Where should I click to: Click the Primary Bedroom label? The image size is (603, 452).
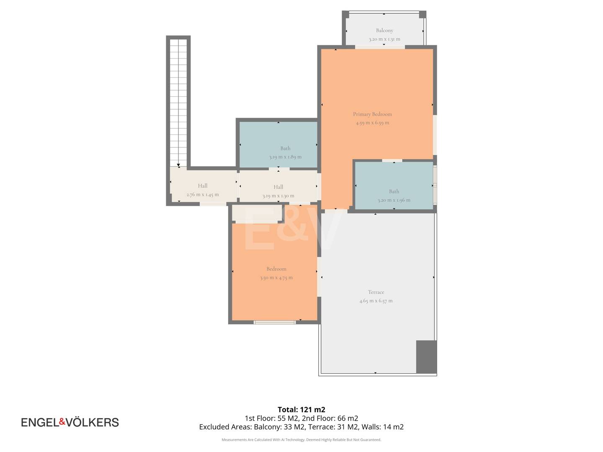372,114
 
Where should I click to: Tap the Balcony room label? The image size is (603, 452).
384,30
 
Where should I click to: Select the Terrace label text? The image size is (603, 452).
376,292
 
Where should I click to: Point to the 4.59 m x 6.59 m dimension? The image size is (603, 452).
372,123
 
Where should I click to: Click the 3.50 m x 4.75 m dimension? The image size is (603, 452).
276,277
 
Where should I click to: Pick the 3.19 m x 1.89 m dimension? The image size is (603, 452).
285,157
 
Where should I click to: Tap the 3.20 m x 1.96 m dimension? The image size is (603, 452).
394,200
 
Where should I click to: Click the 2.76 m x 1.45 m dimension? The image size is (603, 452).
202,195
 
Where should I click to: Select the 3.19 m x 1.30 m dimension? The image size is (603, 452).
278,196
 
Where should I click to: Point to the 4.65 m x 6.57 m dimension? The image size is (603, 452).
376,301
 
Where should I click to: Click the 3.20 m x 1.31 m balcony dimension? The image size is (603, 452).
384,39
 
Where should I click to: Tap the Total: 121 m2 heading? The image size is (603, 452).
301,409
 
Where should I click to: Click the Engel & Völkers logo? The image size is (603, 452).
70,422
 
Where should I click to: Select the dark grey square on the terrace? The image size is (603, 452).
426,357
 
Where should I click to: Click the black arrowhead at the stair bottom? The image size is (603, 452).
178,165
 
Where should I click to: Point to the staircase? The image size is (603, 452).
178,103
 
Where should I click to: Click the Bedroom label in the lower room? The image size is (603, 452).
276,269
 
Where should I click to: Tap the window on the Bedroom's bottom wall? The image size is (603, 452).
274,322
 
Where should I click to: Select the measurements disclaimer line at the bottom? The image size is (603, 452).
301,439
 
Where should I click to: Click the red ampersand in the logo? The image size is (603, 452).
62,421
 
